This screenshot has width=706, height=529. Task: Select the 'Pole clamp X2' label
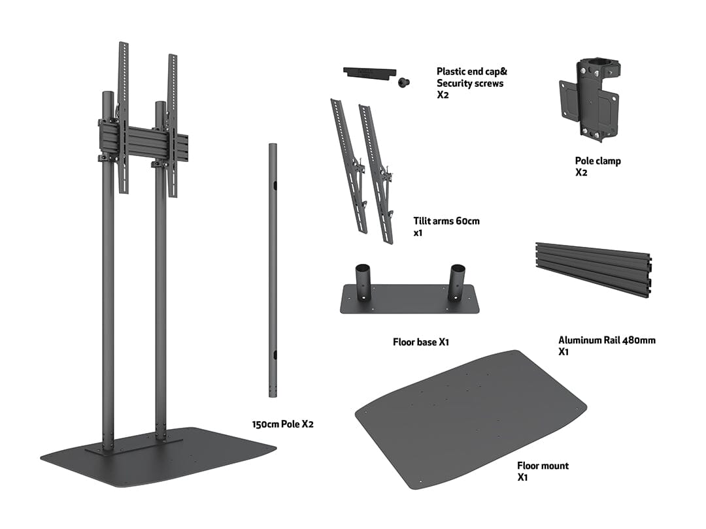click(x=597, y=167)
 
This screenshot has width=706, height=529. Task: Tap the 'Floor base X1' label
click(x=420, y=342)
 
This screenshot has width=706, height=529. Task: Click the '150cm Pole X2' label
click(x=283, y=424)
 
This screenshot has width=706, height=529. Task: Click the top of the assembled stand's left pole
click(x=107, y=95)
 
